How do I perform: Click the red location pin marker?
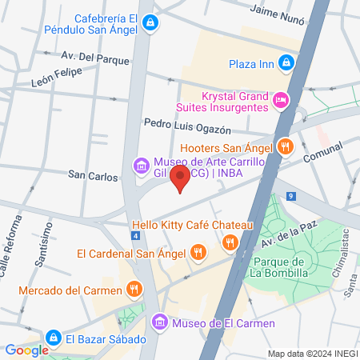(181, 178)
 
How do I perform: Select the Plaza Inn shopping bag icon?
(286, 63)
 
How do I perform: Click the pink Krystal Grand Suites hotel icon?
(280, 100)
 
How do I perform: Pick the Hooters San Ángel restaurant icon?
(286, 146)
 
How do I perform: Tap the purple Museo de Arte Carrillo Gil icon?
(141, 166)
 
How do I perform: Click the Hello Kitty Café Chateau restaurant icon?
(230, 242)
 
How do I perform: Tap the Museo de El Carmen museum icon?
(160, 322)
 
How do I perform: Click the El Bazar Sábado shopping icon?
(54, 338)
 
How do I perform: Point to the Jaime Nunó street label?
(279, 10)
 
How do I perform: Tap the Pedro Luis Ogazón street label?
(187, 125)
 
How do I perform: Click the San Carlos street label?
(93, 174)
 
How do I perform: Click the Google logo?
(26, 350)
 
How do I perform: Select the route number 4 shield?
(137, 236)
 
